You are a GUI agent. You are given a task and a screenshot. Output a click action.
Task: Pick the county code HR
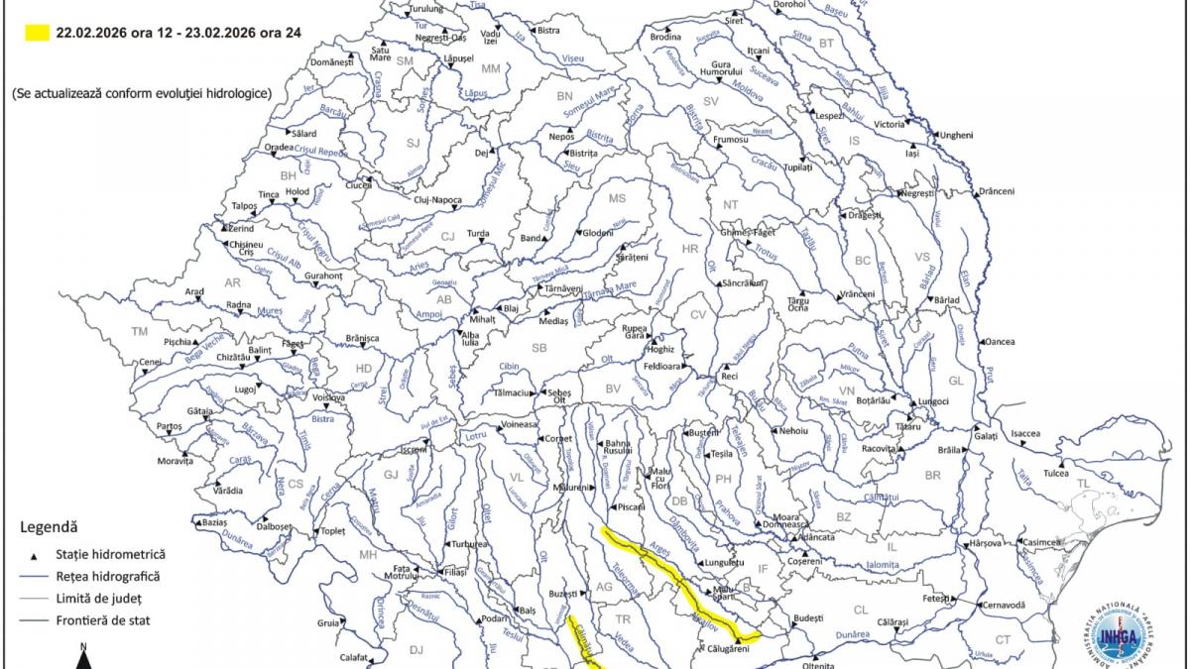click(x=691, y=249)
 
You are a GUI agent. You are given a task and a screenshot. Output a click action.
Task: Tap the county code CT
click(x=1003, y=639)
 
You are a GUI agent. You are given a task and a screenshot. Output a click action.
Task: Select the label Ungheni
click(x=956, y=135)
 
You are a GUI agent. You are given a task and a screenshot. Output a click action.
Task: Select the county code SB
click(x=539, y=348)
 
